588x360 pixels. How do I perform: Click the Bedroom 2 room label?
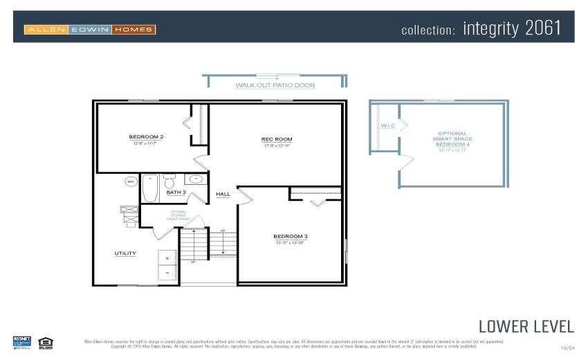146,136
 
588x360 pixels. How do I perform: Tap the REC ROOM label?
276,139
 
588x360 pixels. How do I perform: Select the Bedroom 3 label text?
290,236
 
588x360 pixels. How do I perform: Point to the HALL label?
223,194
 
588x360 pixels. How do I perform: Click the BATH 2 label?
176,192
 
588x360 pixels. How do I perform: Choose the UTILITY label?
125,253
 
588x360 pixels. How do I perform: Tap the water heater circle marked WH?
131,181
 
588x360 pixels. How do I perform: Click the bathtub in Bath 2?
150,188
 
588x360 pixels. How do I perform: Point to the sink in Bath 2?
195,179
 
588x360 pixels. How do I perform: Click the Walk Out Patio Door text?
275,86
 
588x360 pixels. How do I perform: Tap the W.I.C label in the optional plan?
387,126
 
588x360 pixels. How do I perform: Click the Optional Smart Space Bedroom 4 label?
452,139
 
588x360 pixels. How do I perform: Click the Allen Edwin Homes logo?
90,30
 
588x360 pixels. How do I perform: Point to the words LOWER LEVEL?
526,326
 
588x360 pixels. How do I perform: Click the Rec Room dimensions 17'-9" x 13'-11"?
276,146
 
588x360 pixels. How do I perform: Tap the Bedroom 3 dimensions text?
290,243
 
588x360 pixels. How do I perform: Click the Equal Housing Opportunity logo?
46,341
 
